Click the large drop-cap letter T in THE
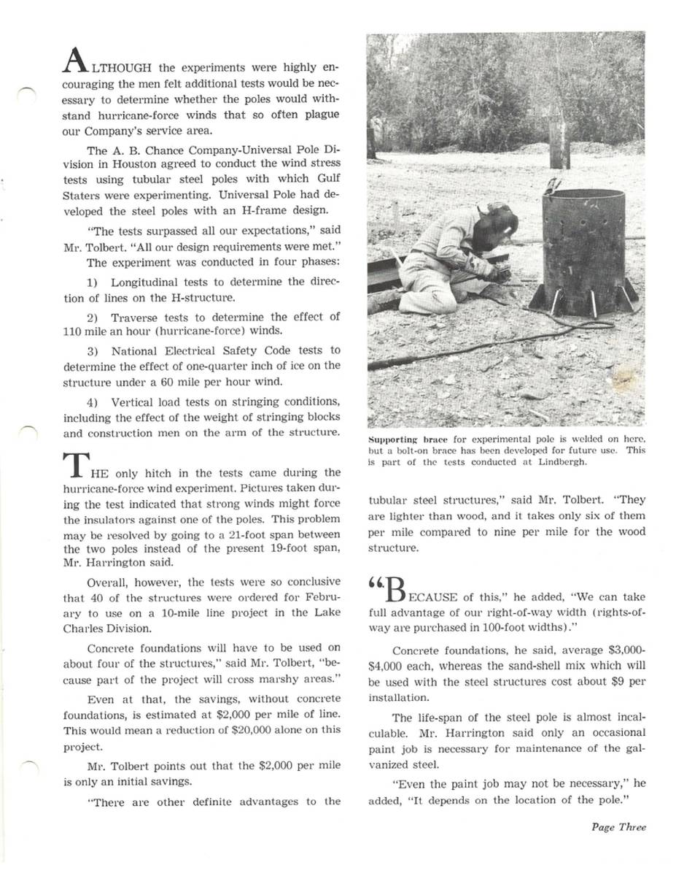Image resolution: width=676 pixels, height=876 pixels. [x=75, y=466]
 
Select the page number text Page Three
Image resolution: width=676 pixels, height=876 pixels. [x=618, y=827]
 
